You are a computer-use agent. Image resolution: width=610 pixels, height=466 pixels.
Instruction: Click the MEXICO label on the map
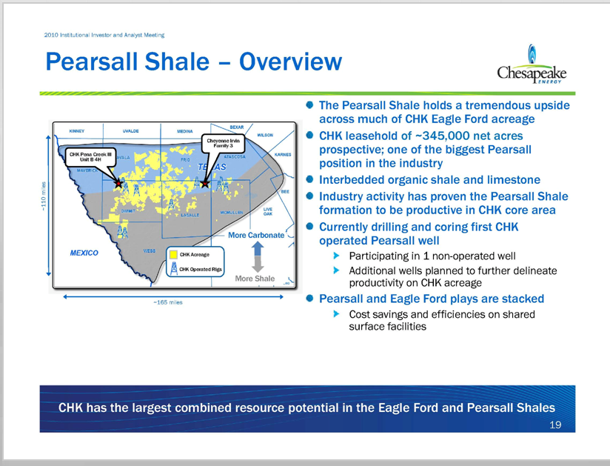pyautogui.click(x=84, y=253)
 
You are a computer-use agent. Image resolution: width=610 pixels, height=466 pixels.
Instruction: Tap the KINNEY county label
pyautogui.click(x=77, y=131)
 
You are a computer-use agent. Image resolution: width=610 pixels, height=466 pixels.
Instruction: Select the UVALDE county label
pyautogui.click(x=131, y=131)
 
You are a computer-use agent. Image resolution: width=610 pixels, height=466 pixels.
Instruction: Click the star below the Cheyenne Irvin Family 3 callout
pyautogui.click(x=204, y=182)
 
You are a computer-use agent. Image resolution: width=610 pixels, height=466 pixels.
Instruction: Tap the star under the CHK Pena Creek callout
pyautogui.click(x=118, y=182)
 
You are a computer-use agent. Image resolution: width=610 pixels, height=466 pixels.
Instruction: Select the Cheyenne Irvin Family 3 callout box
pyautogui.click(x=223, y=144)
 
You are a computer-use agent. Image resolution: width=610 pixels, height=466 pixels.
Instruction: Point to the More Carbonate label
pyautogui.click(x=255, y=235)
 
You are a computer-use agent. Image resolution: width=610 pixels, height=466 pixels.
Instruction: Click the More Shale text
pyautogui.click(x=254, y=279)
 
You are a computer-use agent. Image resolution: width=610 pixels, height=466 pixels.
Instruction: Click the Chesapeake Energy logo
pyautogui.click(x=532, y=67)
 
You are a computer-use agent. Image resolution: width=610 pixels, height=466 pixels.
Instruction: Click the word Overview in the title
pyautogui.click(x=281, y=61)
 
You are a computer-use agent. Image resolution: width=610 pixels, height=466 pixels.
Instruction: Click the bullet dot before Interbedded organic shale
pyautogui.click(x=310, y=179)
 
